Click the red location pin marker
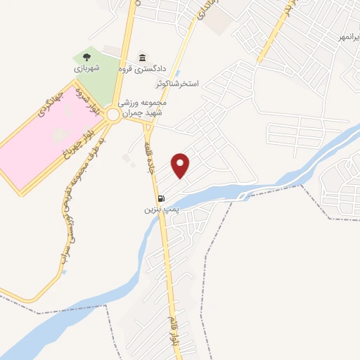pyautogui.click(x=181, y=165)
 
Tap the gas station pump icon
pyautogui.click(x=162, y=198)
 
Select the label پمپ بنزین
pyautogui.click(x=158, y=209)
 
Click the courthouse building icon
pyautogui.click(x=143, y=57)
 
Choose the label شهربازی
pyautogui.click(x=88, y=69)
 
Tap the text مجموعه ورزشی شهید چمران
pyautogui.click(x=144, y=107)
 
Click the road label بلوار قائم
pyautogui.click(x=174, y=331)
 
